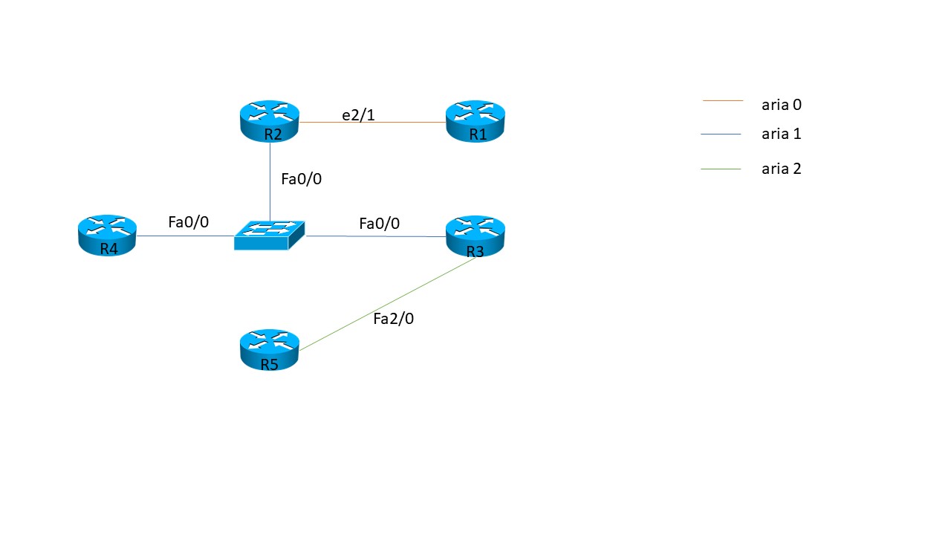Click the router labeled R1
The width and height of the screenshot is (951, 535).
point(475,121)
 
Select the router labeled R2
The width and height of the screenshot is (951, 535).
point(270,121)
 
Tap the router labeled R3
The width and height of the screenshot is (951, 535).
point(475,236)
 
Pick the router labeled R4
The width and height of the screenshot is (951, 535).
point(108,236)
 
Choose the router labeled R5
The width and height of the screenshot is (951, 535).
point(269,350)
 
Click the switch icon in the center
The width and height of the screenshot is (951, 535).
point(269,235)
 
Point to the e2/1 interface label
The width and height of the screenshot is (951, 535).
point(358,115)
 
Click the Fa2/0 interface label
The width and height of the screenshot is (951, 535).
point(393,319)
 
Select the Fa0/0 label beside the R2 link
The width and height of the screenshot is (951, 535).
point(301,178)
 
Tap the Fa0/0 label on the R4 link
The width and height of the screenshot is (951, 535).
point(188,222)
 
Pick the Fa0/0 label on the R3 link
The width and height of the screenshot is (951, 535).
point(379,224)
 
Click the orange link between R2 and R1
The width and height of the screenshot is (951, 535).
point(371,123)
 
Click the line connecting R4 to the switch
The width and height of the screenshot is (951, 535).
point(186,236)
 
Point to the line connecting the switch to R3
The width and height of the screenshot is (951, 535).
point(375,236)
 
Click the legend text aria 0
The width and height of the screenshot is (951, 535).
point(781,105)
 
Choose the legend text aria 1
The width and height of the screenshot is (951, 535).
point(781,134)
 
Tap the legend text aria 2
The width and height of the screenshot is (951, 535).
point(781,169)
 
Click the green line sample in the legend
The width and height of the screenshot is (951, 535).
point(721,169)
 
